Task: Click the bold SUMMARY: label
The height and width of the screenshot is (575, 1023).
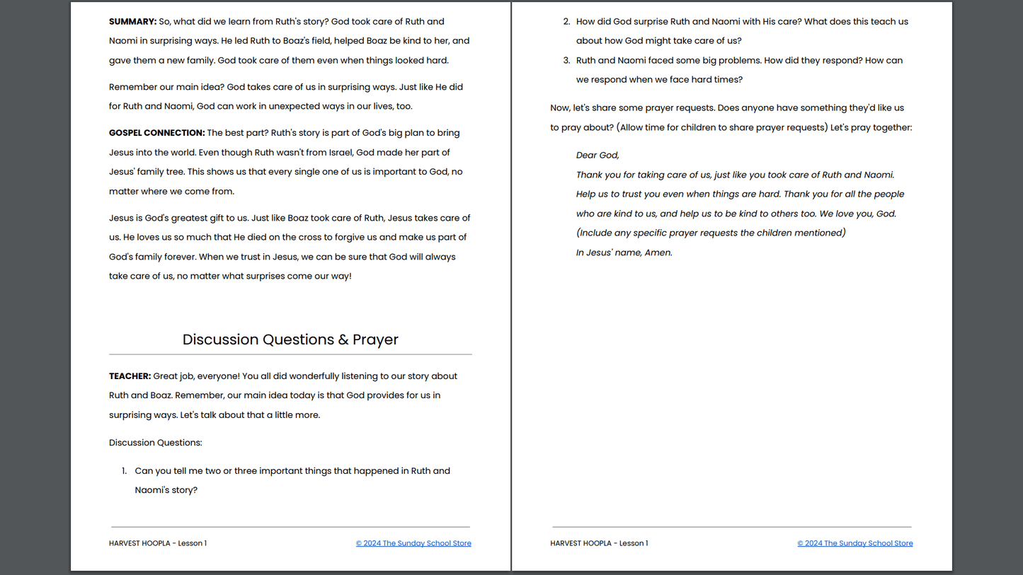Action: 132,22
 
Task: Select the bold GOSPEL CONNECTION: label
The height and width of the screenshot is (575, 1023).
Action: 156,133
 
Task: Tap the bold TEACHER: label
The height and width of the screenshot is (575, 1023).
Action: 130,376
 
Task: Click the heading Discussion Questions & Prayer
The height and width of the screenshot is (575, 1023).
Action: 290,339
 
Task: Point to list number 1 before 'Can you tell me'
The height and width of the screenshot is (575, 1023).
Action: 124,471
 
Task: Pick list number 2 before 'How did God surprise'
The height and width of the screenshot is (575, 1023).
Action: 566,22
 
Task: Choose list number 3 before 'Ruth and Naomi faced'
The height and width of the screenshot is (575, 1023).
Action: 566,61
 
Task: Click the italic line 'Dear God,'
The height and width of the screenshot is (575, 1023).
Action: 598,156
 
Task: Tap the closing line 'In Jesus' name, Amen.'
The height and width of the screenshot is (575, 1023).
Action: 624,252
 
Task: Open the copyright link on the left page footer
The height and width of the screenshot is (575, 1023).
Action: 413,543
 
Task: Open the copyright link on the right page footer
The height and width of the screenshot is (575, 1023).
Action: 855,543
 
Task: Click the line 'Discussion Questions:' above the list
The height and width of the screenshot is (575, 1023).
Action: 155,443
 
